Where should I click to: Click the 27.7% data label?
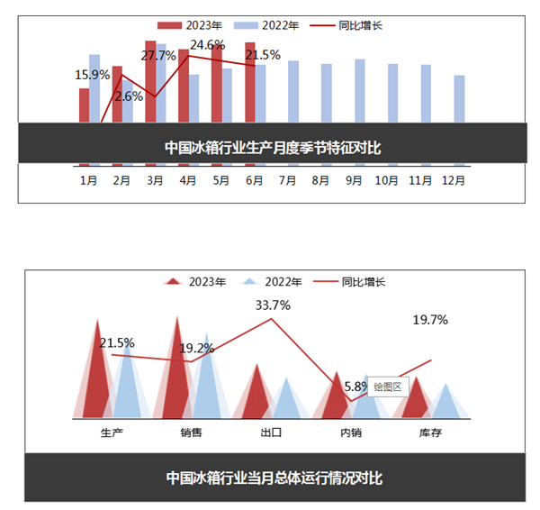point(159,56)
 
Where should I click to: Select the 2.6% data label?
point(129,96)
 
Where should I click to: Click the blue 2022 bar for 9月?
point(360,90)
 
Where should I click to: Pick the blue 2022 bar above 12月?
point(460,98)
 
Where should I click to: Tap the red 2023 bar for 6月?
point(250,81)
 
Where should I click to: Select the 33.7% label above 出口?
point(273,305)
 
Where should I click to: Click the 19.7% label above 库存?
point(430,319)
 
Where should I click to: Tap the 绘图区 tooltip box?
point(388,387)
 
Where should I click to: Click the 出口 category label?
point(271,433)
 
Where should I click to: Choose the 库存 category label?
point(430,433)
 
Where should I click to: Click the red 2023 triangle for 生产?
point(101,378)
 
